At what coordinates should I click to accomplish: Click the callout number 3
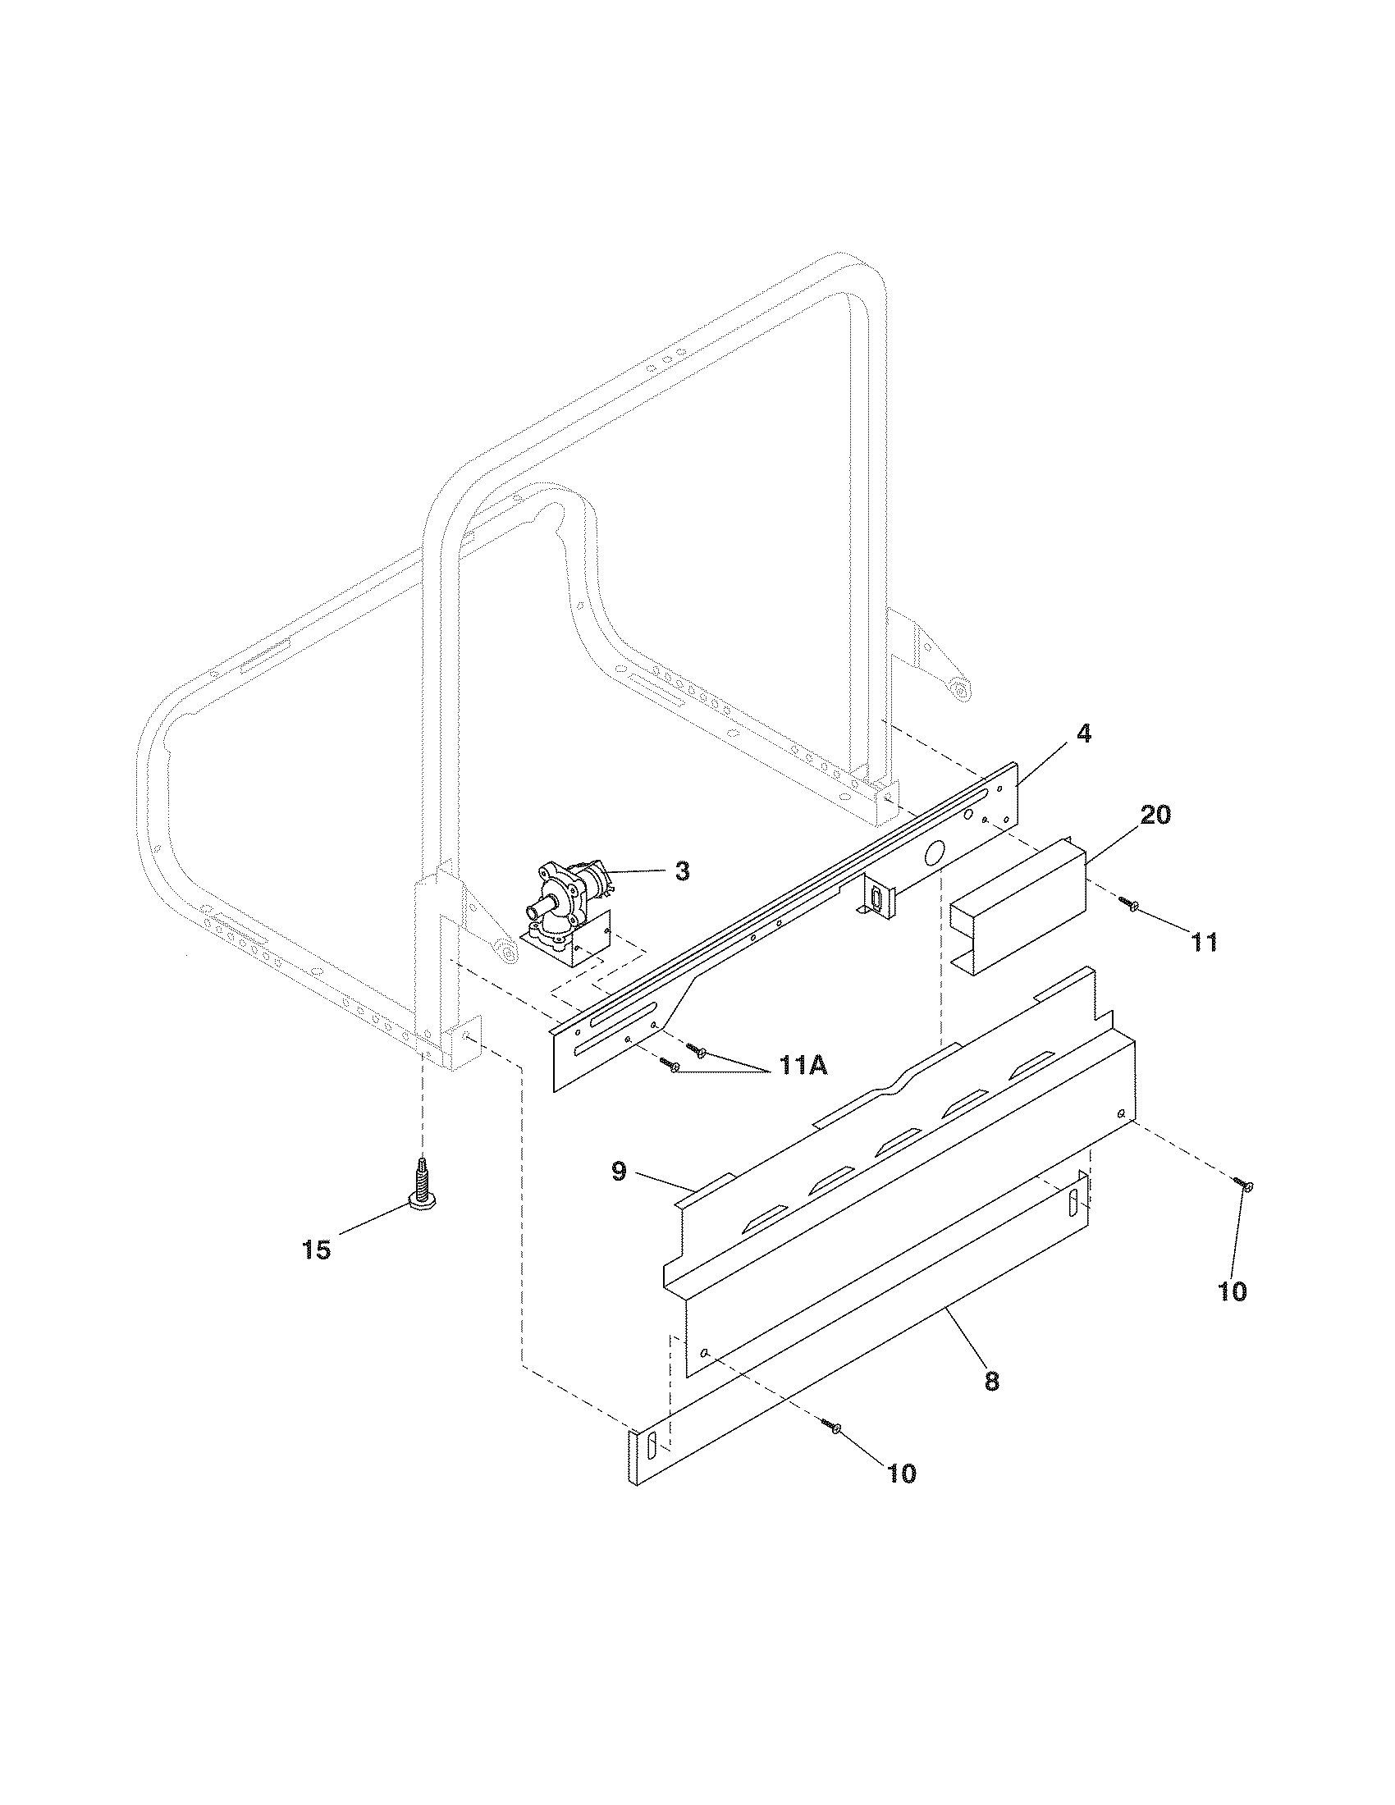(682, 872)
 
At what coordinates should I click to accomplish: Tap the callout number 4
(1083, 733)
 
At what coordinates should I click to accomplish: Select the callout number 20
(1155, 815)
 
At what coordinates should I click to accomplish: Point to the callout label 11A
(801, 1067)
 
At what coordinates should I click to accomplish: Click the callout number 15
(317, 1250)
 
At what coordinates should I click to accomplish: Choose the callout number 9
(619, 1171)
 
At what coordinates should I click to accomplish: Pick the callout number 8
(992, 1380)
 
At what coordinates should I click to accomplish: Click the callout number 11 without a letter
(1203, 942)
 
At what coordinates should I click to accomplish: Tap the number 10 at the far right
(1233, 1291)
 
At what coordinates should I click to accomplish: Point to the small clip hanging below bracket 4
(876, 897)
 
